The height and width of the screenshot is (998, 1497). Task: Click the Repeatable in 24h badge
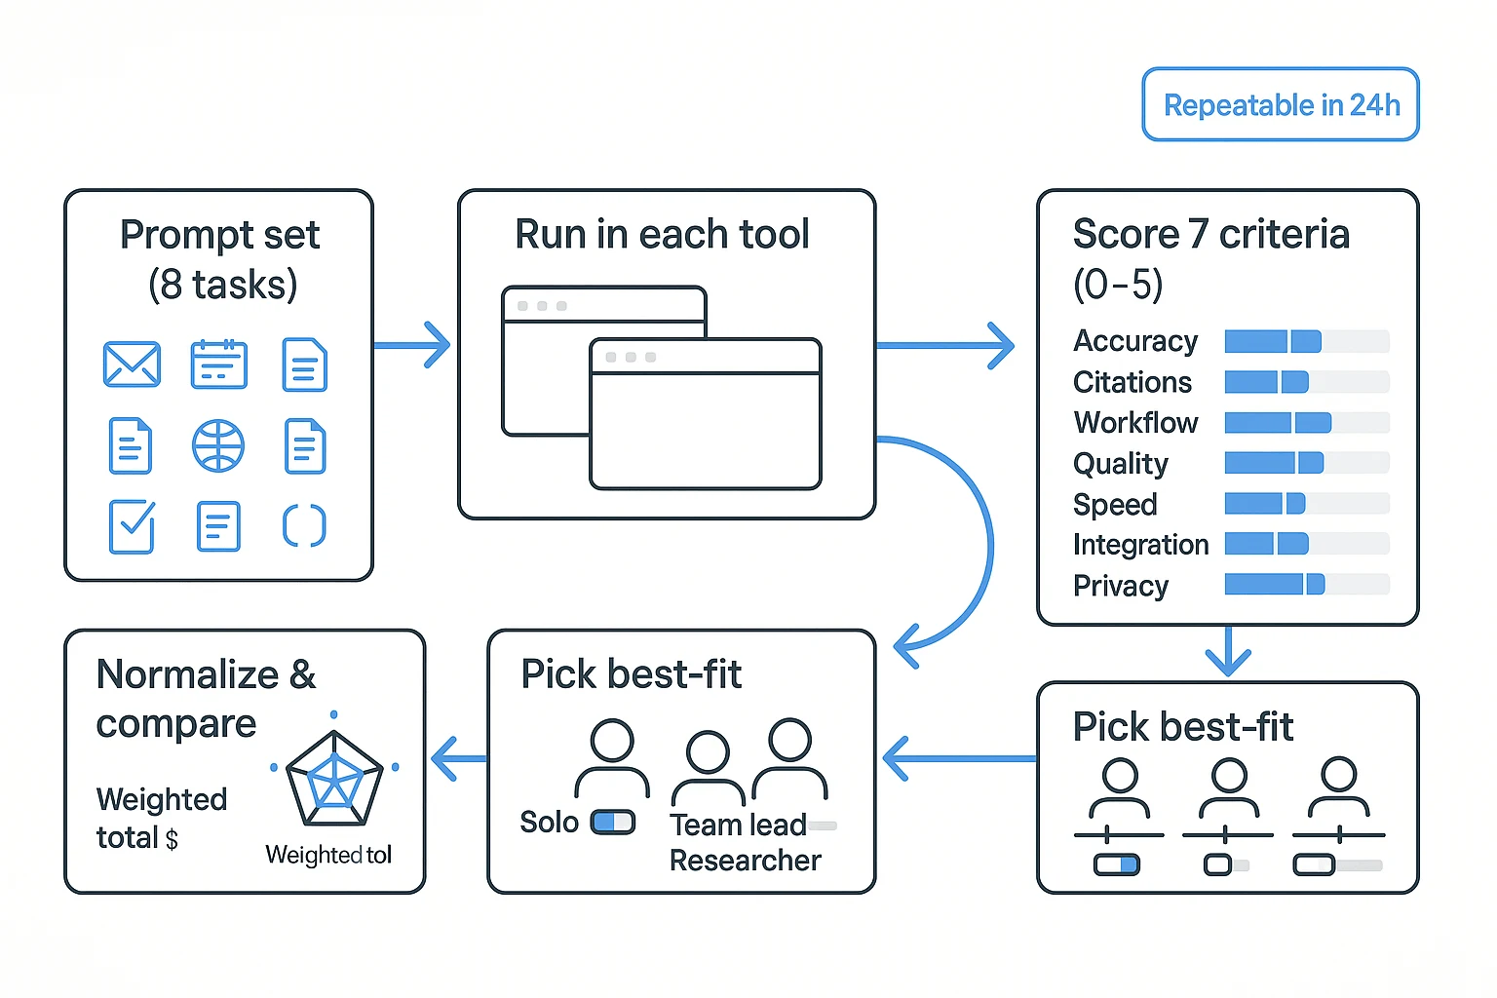(x=1281, y=104)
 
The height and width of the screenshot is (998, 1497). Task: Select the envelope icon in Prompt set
(x=132, y=365)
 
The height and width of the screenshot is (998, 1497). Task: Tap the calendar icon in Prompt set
(x=218, y=365)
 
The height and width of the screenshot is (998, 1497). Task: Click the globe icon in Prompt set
(x=218, y=446)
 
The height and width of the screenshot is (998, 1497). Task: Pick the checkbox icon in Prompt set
(x=132, y=526)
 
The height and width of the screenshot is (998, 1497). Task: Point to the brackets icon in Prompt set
(x=304, y=526)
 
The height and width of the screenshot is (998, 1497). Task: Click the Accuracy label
(x=1135, y=341)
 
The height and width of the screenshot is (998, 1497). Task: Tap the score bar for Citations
(x=1306, y=382)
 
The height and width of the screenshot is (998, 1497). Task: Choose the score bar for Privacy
(x=1306, y=585)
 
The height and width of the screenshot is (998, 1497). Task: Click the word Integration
(x=1140, y=545)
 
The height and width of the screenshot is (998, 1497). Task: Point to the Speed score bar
(x=1306, y=504)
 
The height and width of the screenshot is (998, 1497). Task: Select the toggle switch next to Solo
(x=613, y=823)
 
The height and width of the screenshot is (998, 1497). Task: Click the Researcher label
(x=745, y=861)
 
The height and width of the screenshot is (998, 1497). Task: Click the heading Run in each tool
(x=662, y=235)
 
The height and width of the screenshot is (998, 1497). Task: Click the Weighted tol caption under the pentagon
(x=328, y=855)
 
